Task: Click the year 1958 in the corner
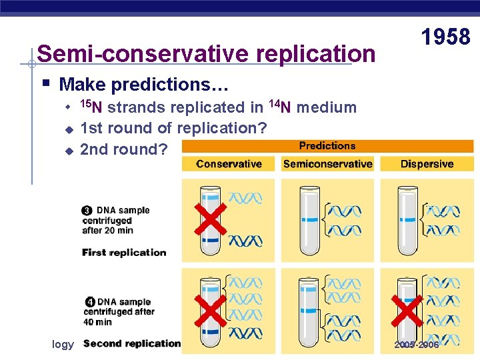pos(446,37)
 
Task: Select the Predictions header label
pos(327,146)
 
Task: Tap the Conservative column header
pos(229,164)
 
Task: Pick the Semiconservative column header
pos(327,164)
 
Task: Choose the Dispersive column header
pos(427,164)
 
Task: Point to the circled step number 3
pos(87,211)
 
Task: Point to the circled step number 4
pos(87,303)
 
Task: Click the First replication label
pos(124,253)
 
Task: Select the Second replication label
pos(132,344)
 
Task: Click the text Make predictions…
pos(144,85)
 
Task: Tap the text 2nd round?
pos(123,149)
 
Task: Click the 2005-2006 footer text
pos(417,345)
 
